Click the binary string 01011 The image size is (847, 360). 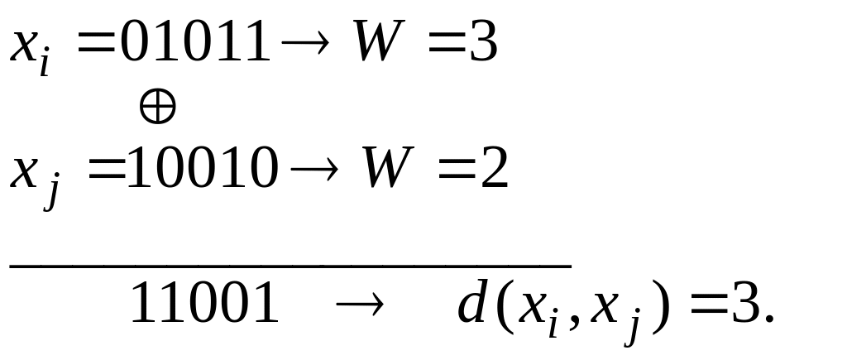195,41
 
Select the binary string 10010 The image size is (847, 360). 203,167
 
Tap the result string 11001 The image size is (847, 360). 205,303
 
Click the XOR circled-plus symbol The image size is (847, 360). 158,107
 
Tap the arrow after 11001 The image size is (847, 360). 360,305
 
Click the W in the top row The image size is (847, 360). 379,41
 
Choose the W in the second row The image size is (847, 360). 388,167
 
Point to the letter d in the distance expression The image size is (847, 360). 472,301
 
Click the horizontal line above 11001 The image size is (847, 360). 290,266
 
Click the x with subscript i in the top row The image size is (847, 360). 31,49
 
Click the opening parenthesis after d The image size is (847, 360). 502,306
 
